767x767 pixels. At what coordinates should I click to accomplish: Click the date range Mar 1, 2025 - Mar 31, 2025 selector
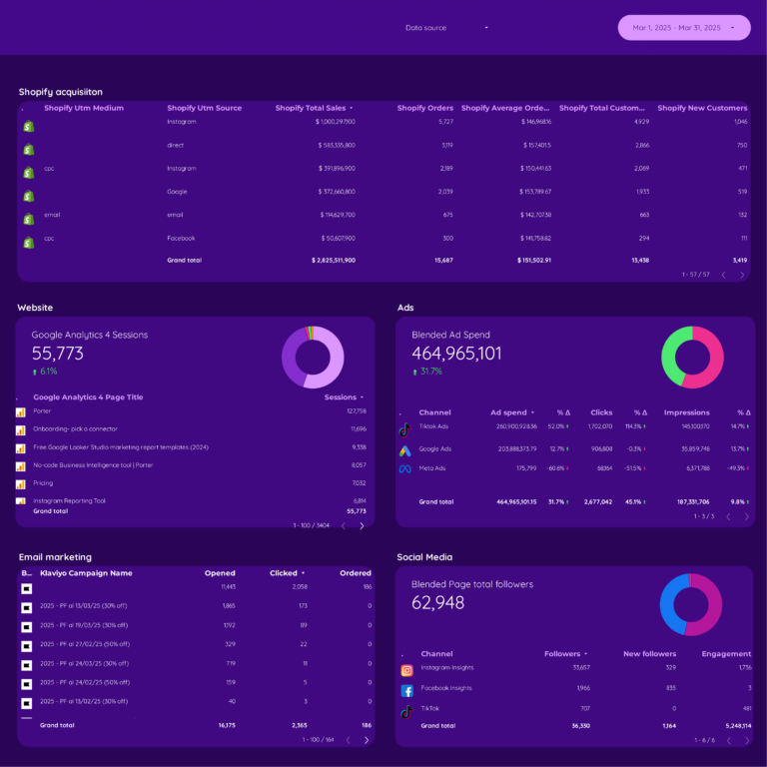[683, 28]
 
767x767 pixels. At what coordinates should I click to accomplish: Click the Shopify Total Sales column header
[310, 108]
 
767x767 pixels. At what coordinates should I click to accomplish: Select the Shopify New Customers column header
[701, 108]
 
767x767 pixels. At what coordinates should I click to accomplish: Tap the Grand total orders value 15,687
[436, 260]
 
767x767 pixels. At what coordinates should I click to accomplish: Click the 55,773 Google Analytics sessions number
[58, 354]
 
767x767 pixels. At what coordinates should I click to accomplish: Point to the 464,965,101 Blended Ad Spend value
[456, 354]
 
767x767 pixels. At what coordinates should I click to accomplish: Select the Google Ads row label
[434, 449]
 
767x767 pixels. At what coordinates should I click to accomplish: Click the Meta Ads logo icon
[405, 468]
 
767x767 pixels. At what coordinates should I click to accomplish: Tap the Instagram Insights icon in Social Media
[406, 670]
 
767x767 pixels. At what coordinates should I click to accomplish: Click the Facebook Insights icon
[406, 690]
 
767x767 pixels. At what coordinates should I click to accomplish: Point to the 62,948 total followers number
[437, 603]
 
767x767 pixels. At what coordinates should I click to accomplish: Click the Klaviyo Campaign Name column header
[86, 573]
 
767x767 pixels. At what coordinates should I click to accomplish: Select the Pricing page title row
[43, 482]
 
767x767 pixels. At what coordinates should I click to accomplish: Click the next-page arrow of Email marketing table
[366, 740]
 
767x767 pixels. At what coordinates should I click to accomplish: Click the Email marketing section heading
[55, 557]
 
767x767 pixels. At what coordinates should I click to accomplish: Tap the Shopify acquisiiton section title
[60, 92]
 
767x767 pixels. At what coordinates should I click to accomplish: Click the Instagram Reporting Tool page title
[69, 500]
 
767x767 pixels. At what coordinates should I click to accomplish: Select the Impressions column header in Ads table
[686, 412]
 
